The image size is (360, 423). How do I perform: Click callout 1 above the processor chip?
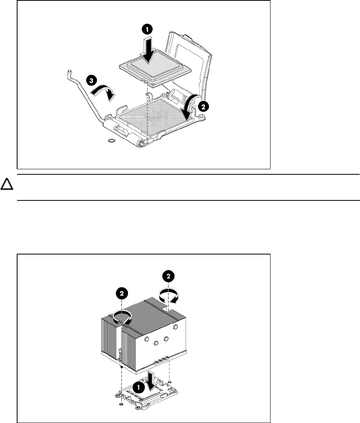pyautogui.click(x=147, y=29)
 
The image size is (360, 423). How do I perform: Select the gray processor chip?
pyautogui.click(x=155, y=68)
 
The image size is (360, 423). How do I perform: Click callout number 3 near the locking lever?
pyautogui.click(x=91, y=81)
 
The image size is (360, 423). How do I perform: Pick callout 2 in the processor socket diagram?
pyautogui.click(x=203, y=107)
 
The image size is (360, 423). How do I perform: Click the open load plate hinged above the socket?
pyautogui.click(x=189, y=67)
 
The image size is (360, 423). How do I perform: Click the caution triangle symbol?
pyautogui.click(x=7, y=184)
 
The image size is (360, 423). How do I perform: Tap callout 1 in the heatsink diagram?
pyautogui.click(x=139, y=388)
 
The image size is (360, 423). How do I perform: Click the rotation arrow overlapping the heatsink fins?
pyautogui.click(x=123, y=317)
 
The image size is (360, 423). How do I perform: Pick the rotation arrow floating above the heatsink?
pyautogui.click(x=169, y=295)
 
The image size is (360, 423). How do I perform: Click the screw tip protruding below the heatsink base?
pyautogui.click(x=122, y=367)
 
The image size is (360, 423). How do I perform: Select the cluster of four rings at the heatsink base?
pyautogui.click(x=161, y=361)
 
